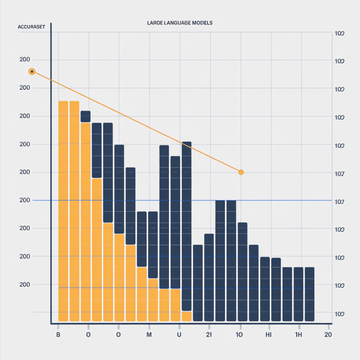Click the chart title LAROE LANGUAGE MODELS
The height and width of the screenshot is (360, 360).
coord(180,23)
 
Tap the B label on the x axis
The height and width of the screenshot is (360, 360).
coord(58,334)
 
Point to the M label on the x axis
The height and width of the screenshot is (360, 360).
coord(149,334)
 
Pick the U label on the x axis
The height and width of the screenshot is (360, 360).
coord(179,334)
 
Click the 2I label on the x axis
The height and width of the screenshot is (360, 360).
coord(209,334)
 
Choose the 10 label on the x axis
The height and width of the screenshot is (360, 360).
coord(239,334)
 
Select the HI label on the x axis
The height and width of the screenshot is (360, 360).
coord(270,334)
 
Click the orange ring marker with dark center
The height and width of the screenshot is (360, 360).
coord(32,72)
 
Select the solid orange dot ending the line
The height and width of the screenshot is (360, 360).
coord(241,172)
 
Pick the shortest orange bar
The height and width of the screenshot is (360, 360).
coord(186,316)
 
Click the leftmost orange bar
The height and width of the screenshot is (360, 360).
coord(63,211)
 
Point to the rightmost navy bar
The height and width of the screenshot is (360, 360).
coord(310,294)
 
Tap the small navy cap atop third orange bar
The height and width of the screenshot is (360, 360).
coord(85,117)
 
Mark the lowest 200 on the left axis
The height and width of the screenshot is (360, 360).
coord(25,284)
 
